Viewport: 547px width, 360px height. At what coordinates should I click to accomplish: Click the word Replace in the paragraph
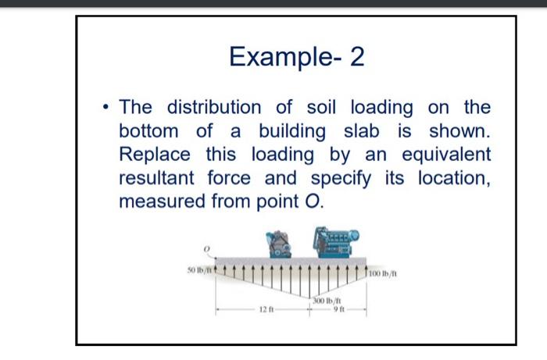point(156,155)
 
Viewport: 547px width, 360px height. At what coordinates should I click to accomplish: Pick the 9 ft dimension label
point(337,310)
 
